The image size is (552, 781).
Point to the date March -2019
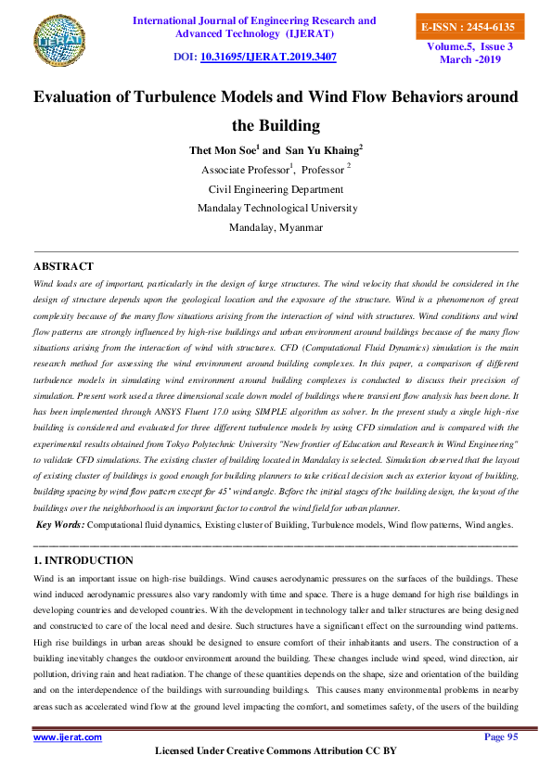470,59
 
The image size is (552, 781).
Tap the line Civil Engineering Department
276,188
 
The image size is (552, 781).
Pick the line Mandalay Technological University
276,208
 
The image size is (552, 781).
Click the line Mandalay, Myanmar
276,227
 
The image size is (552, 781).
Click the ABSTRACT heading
63,266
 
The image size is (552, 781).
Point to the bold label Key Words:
60,525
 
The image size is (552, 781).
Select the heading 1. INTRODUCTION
83,560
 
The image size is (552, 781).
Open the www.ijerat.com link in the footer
68,736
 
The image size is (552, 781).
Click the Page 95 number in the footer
501,736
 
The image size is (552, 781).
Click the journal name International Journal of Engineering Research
255,20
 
